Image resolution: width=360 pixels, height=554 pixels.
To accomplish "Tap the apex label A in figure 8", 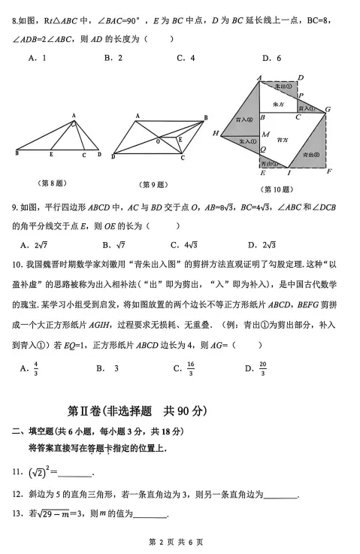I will [x=74, y=115].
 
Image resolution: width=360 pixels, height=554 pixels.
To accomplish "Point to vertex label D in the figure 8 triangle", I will [x=98, y=155].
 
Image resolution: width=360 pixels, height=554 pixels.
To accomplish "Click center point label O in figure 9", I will [x=157, y=141].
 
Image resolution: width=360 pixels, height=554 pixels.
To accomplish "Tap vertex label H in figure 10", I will [x=215, y=133].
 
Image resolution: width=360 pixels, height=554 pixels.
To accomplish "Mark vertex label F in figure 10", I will [x=329, y=172].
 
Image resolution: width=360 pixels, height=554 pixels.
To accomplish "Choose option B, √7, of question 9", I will [x=110, y=244].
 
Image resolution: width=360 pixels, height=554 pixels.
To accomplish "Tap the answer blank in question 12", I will [x=281, y=496].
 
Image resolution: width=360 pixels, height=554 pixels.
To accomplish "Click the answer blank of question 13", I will [x=150, y=516].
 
